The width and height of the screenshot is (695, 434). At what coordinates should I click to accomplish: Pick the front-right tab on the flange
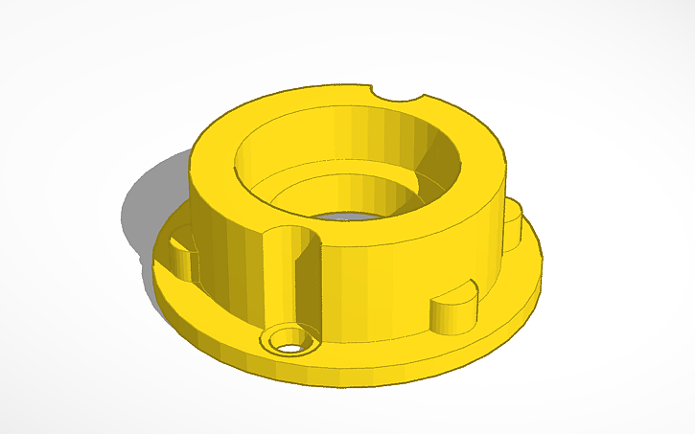pyautogui.click(x=452, y=312)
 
